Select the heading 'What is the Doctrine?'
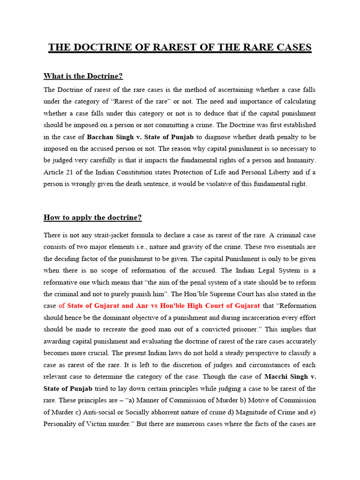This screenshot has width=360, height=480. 83,76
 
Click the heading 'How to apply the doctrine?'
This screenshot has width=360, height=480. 92,217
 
